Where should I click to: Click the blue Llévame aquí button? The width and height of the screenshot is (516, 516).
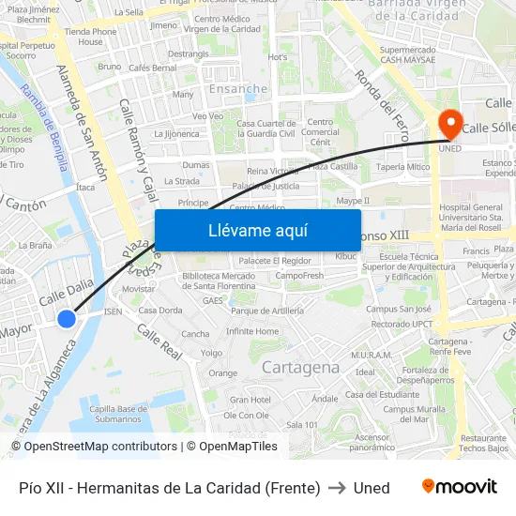pos(257,230)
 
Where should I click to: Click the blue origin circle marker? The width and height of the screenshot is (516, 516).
pos(66,319)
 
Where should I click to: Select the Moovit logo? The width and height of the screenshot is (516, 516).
pos(459,487)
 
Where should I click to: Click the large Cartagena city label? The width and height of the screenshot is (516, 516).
pos(300,367)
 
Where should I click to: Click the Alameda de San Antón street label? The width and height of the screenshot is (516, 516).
pos(82,122)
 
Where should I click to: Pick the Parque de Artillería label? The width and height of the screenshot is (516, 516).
pos(267,311)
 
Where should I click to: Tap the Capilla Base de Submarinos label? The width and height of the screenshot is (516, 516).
pos(119,414)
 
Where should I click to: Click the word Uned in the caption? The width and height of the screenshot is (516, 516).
pos(372,487)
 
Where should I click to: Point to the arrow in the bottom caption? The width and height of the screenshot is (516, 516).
pos(337,487)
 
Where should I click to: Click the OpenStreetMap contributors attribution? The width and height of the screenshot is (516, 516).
pos(94,447)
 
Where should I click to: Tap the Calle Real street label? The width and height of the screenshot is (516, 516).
pos(159,342)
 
